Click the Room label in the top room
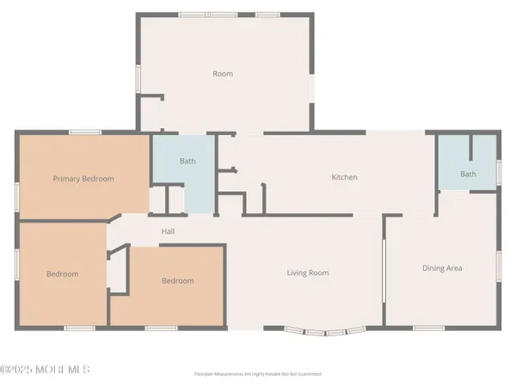point(223,74)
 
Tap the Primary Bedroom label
point(83,179)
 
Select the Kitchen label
point(344,177)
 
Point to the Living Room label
point(308,273)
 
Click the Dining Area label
point(442,268)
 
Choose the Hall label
point(169,230)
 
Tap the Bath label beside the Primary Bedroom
point(187,161)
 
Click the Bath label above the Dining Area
point(467,175)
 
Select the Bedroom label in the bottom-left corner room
point(62,273)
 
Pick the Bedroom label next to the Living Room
point(177,280)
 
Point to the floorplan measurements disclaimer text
point(258,375)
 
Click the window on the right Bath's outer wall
point(498,172)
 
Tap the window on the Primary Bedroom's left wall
point(16,196)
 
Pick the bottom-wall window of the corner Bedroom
point(79,328)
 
